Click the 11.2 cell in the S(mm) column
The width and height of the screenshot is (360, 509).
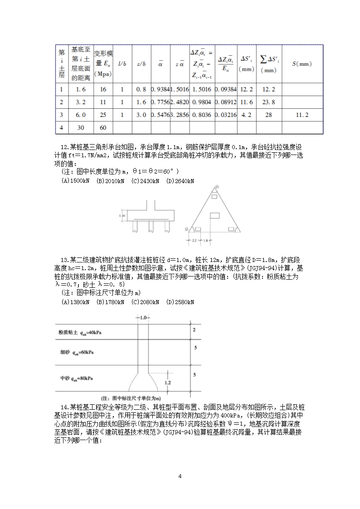(x=302, y=115)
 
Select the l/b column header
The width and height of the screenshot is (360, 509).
(x=122, y=64)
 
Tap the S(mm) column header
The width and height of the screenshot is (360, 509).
(x=302, y=64)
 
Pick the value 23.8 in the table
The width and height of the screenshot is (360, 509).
(x=268, y=102)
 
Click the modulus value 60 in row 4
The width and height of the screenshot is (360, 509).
(x=103, y=128)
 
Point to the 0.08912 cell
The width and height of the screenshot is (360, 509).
(x=226, y=102)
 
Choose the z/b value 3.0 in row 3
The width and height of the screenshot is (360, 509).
(x=141, y=115)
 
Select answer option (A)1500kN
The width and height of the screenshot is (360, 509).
(x=75, y=181)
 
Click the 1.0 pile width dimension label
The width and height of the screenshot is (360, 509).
(x=143, y=318)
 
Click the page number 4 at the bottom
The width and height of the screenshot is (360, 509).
(x=180, y=476)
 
